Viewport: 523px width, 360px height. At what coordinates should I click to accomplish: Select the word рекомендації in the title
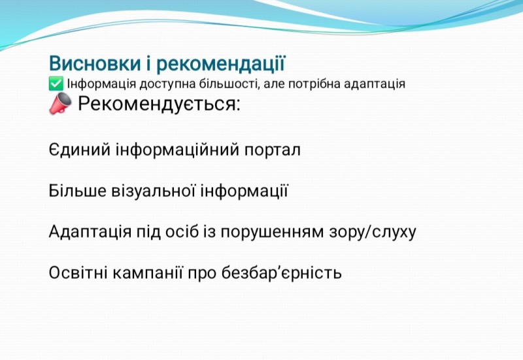(220, 64)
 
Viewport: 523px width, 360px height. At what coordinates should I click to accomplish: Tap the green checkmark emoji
(56, 84)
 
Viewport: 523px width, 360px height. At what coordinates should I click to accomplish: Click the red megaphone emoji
(60, 103)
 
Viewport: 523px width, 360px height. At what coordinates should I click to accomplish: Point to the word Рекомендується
(159, 103)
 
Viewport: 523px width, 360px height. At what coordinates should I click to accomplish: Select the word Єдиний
(79, 150)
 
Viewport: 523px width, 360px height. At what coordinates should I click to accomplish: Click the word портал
(272, 150)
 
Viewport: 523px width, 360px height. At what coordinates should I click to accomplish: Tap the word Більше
(77, 191)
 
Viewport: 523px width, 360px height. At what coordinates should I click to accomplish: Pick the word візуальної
(153, 191)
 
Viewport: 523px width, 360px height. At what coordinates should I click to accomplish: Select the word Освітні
(78, 272)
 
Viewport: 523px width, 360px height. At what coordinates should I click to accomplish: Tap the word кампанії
(148, 272)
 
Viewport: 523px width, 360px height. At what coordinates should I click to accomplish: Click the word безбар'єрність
(282, 272)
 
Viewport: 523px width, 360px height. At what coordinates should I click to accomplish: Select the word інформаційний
(177, 150)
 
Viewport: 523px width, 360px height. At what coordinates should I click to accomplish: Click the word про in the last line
(202, 274)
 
